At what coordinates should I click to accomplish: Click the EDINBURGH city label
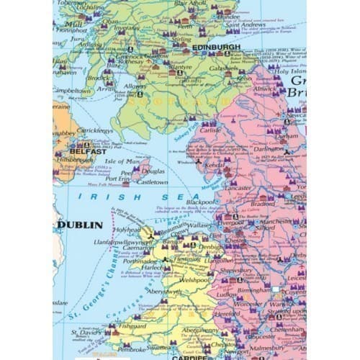[216, 48]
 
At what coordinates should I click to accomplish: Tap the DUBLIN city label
[74, 225]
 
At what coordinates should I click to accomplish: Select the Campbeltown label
[72, 91]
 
